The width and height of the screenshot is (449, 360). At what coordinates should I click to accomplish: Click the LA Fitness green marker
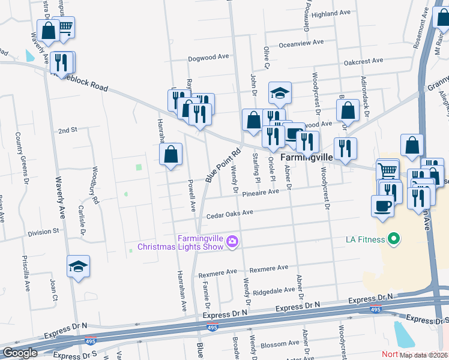(x=393, y=240)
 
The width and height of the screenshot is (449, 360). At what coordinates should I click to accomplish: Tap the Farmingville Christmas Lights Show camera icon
(x=233, y=242)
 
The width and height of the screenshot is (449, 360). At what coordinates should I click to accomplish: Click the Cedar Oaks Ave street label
(x=230, y=214)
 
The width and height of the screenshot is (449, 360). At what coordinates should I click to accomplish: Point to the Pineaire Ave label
(x=261, y=193)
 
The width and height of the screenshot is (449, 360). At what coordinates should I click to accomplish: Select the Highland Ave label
(x=331, y=13)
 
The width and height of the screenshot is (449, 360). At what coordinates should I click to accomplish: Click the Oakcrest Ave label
(x=364, y=61)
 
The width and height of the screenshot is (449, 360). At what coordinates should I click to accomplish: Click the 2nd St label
(x=68, y=130)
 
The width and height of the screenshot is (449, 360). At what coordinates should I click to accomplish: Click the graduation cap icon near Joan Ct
(x=79, y=266)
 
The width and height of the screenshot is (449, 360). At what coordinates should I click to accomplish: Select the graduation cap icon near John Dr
(x=280, y=92)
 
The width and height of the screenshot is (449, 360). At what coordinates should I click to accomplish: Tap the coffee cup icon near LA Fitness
(x=382, y=207)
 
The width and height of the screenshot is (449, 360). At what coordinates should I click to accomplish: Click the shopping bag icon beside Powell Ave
(x=171, y=155)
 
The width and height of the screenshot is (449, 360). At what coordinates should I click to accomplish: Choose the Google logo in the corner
(x=20, y=353)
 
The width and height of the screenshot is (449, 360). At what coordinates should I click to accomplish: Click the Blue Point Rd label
(x=223, y=166)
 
